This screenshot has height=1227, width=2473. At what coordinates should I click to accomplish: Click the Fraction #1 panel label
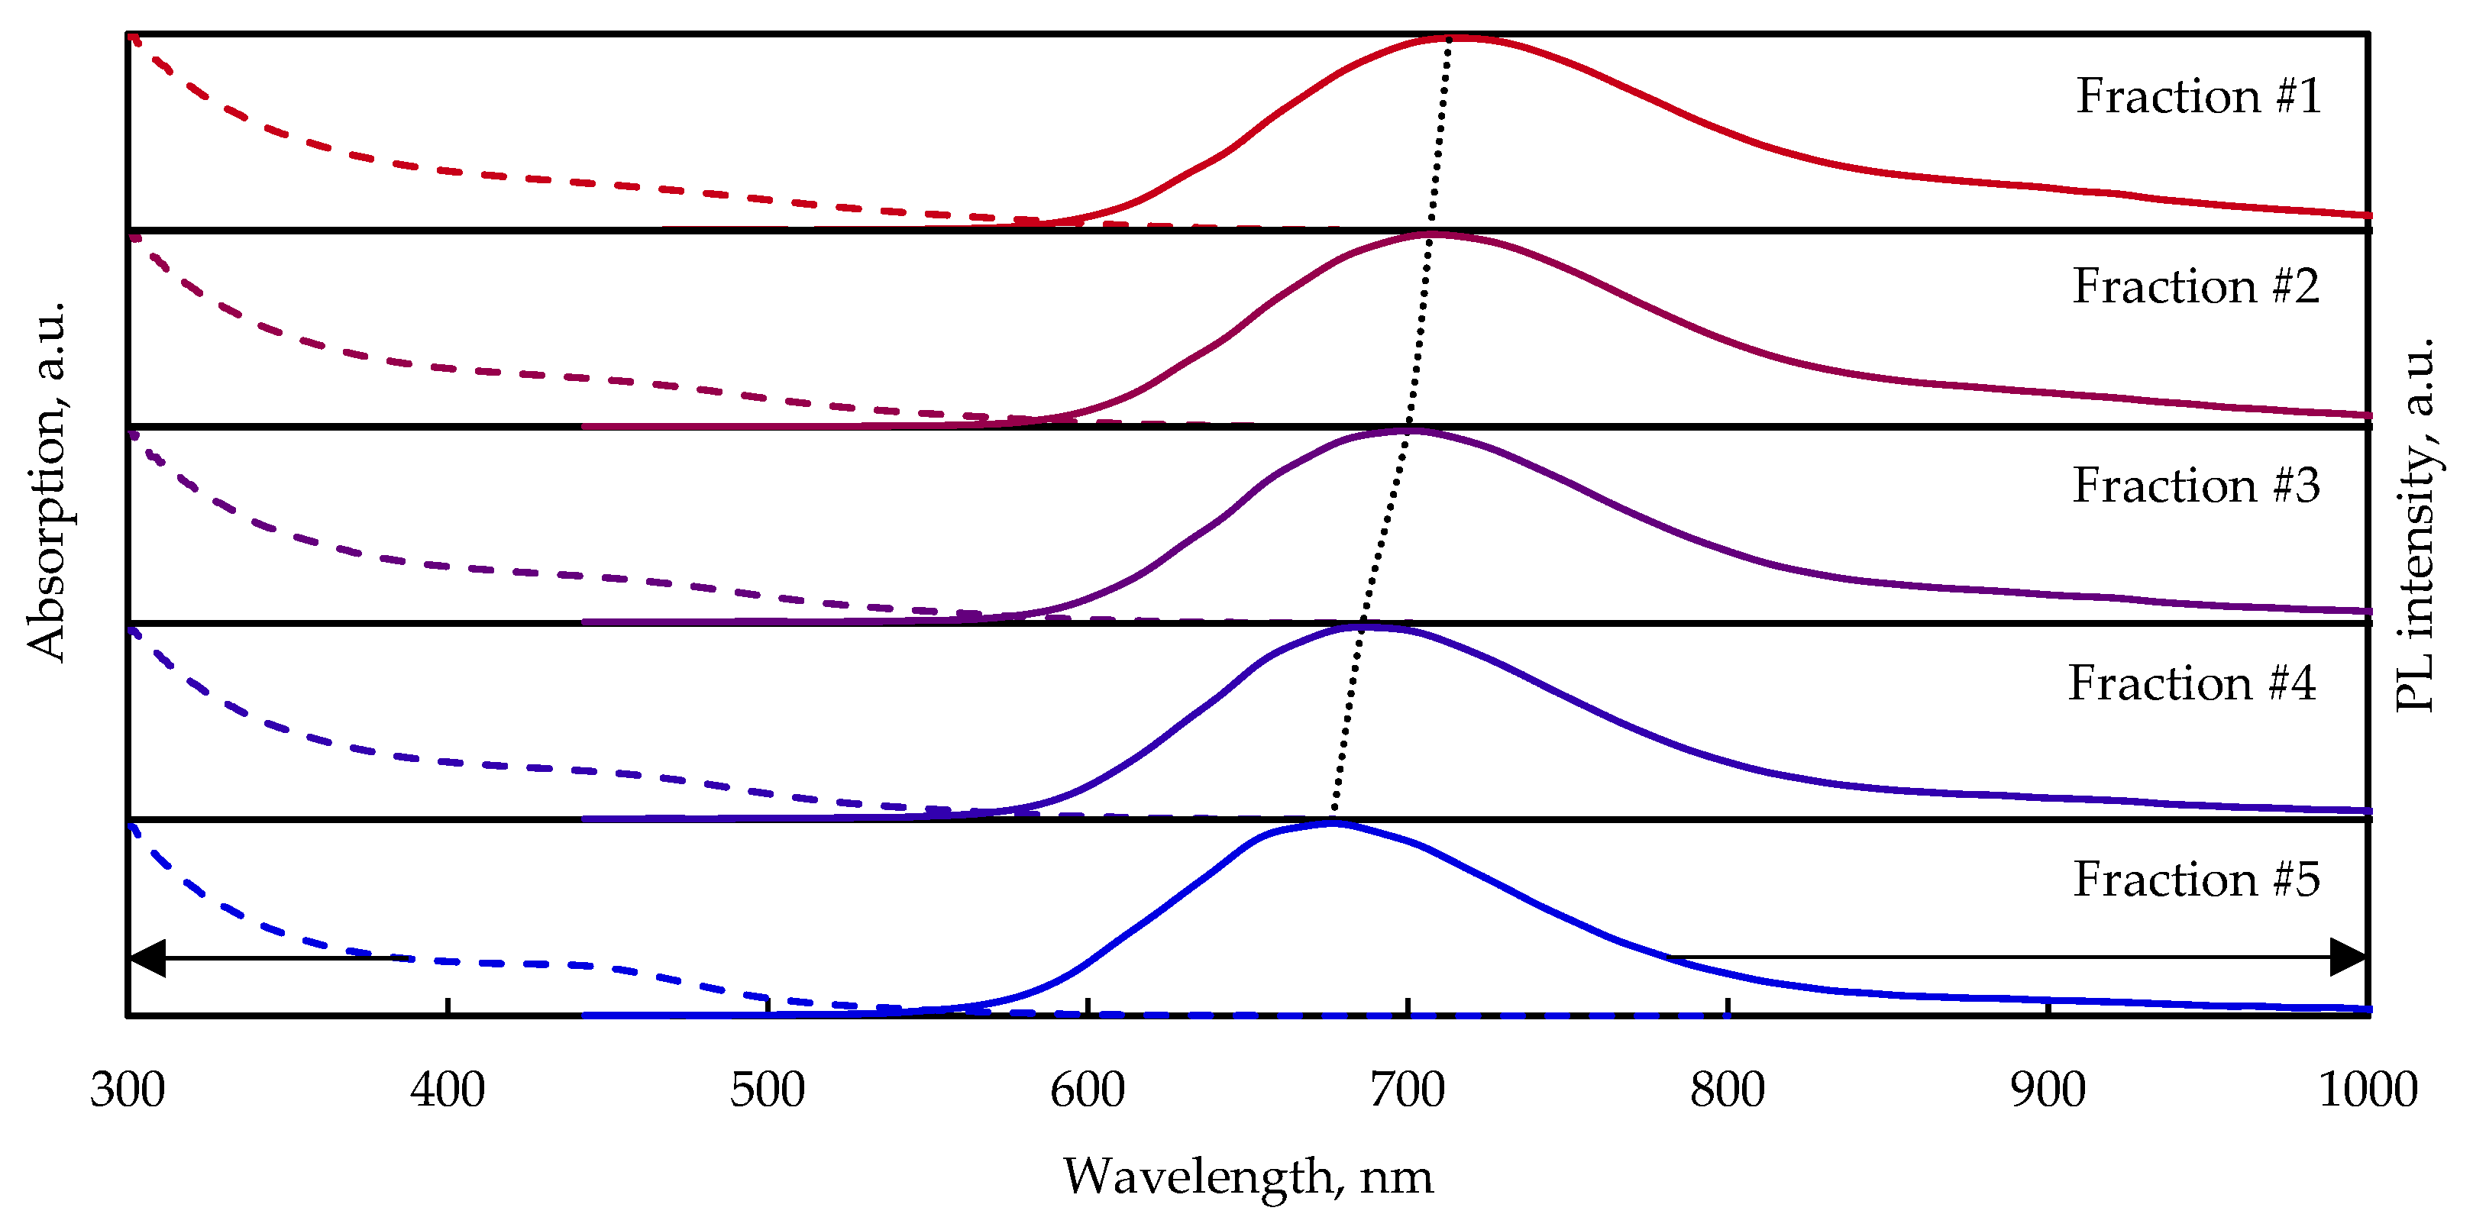(2199, 96)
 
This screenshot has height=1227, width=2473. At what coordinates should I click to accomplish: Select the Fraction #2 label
(2196, 286)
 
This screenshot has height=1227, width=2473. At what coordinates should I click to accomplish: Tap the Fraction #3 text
(2196, 485)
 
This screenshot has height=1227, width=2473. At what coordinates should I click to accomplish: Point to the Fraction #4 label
(2192, 683)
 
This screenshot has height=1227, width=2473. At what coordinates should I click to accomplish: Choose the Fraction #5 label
(2196, 880)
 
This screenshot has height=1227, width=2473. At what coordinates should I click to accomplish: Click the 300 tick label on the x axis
(128, 1090)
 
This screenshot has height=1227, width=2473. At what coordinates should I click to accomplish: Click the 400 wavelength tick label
(448, 1090)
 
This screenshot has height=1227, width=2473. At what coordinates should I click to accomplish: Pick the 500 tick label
(767, 1090)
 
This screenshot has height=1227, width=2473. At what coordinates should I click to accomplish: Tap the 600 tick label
(1087, 1090)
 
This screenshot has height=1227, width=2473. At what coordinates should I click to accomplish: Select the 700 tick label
(1408, 1090)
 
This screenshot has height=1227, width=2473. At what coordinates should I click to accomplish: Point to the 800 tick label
(1727, 1090)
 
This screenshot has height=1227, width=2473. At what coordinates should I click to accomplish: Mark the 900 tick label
(2048, 1090)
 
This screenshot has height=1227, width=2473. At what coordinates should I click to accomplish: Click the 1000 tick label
(2368, 1090)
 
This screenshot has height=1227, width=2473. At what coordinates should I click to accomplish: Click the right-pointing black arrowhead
(2349, 957)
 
